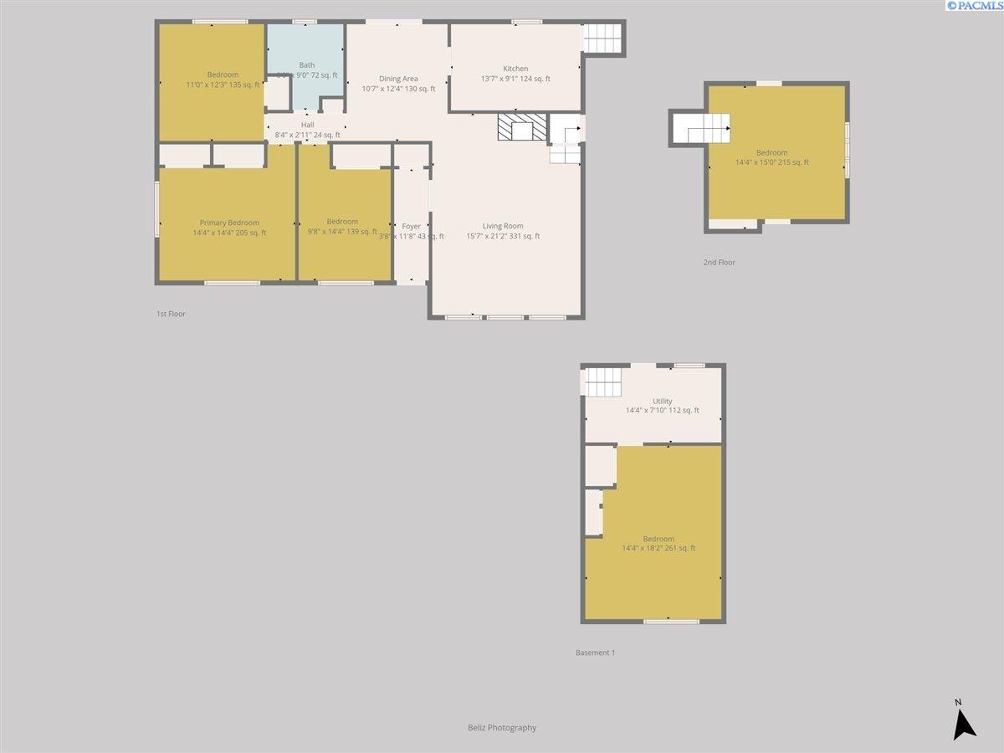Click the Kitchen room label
pos(515,69)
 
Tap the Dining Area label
pos(398,79)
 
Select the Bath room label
pos(307,65)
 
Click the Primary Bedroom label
pos(229,223)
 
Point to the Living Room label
pos(503,226)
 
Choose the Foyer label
pos(412,227)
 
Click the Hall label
pos(307,125)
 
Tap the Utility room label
pos(662,402)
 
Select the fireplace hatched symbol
pos(522,128)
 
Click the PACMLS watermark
pos(974,6)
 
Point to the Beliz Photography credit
pos(502,728)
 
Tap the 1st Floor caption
pos(171,314)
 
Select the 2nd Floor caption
pos(719,263)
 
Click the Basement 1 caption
pos(595,653)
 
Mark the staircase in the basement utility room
pos(603,383)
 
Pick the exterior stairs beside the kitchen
pos(603,38)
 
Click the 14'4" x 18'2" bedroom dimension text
pos(658,548)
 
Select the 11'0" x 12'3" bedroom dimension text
pos(223,85)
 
